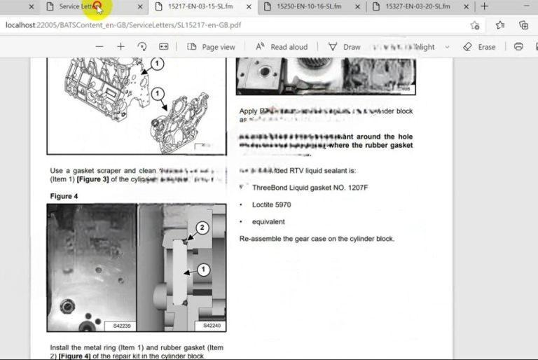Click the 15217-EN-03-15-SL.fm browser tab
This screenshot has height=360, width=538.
200,6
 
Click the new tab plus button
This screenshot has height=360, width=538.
484,6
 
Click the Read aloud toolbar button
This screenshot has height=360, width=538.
282,47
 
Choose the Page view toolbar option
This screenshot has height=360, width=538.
211,47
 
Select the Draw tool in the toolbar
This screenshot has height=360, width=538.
344,47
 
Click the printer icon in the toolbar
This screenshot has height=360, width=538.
518,47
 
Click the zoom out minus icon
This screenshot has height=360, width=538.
99,47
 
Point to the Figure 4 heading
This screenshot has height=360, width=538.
65,196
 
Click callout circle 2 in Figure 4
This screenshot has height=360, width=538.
201,228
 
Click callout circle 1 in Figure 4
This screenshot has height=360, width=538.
203,269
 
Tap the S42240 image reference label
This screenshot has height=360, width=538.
212,326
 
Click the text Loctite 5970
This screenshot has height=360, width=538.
271,205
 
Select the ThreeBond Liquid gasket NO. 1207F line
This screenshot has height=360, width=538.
310,188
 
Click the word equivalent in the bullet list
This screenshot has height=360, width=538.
268,222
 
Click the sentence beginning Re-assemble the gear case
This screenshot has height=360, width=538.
317,239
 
